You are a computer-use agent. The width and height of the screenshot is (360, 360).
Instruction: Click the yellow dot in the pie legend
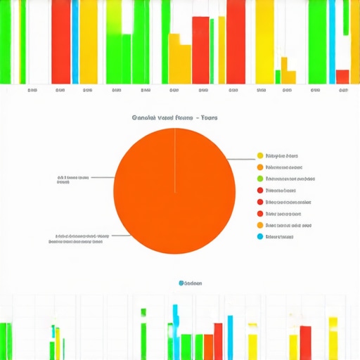[260, 155]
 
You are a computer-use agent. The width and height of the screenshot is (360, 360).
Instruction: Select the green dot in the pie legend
[260, 179]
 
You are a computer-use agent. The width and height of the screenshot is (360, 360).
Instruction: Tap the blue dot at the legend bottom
[260, 236]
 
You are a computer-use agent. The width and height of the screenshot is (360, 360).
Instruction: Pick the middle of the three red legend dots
[260, 202]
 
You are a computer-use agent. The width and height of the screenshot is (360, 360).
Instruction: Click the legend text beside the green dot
[284, 179]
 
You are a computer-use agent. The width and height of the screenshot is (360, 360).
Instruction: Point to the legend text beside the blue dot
[280, 236]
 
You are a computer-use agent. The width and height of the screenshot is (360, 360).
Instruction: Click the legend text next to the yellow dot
[282, 155]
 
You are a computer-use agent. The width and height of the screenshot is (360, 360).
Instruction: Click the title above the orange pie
[174, 117]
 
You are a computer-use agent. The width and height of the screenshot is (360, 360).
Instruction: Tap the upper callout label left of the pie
[73, 179]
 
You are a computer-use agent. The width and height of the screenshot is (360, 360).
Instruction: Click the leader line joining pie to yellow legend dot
[243, 159]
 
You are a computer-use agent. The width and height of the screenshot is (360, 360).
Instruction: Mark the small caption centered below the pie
[190, 283]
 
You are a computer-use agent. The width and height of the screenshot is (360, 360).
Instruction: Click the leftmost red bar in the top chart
[60, 42]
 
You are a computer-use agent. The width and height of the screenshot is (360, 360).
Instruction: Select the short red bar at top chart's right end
[342, 76]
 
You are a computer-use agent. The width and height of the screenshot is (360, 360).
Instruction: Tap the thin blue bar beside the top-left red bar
[75, 42]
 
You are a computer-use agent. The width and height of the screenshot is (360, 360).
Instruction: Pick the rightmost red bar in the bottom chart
[305, 342]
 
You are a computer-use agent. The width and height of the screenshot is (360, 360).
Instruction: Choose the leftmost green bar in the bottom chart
[6, 340]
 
